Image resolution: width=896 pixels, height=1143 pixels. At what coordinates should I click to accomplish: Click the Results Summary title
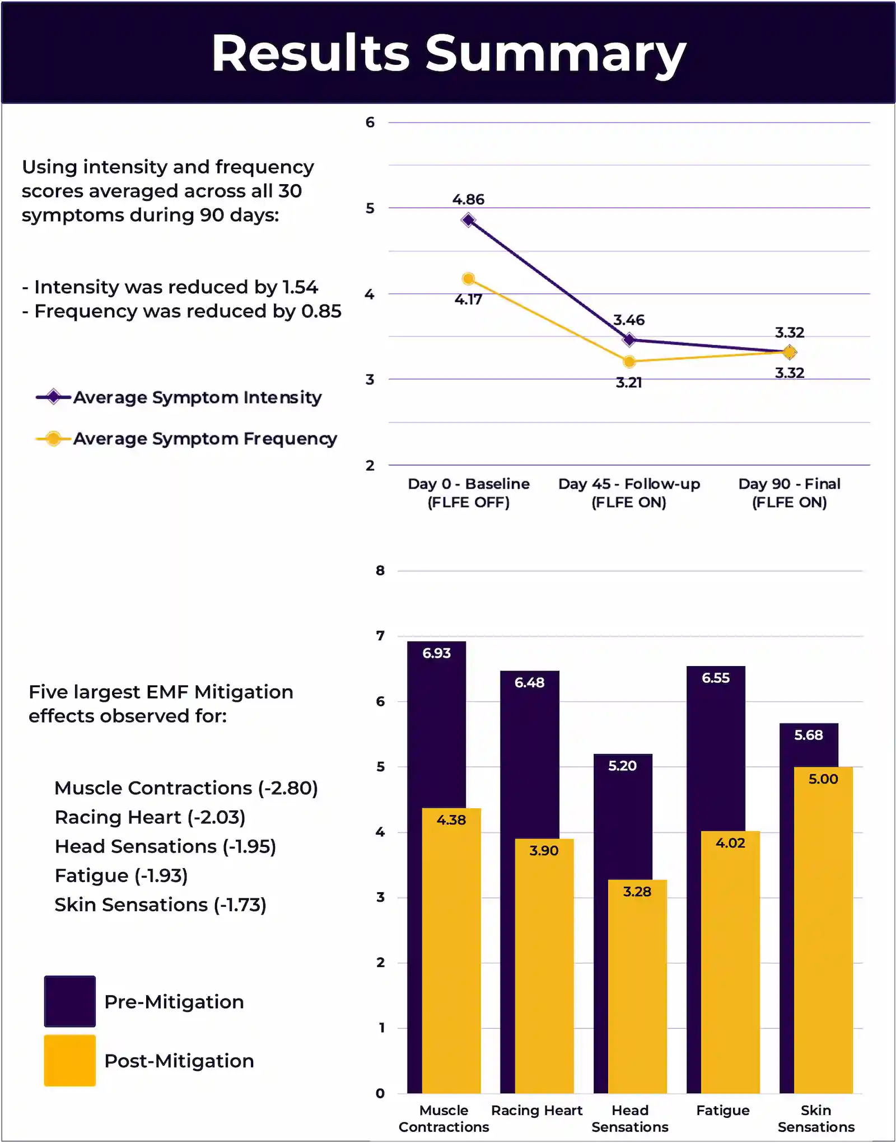(449, 53)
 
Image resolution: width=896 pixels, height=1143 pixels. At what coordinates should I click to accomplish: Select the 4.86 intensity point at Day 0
(468, 220)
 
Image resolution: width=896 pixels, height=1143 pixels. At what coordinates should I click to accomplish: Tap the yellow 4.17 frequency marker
(469, 279)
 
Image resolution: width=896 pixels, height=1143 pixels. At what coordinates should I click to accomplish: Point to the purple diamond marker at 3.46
(629, 339)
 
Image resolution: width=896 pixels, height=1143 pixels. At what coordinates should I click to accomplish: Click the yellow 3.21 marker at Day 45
(629, 362)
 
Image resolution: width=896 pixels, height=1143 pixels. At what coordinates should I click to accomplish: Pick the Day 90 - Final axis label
(790, 493)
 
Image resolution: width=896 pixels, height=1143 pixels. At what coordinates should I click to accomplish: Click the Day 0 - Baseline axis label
(469, 493)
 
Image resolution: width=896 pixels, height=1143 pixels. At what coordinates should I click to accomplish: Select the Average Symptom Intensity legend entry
(179, 397)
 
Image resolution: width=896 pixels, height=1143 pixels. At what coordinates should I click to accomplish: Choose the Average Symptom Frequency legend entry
(186, 439)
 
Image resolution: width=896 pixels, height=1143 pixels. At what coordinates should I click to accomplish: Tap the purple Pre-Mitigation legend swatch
(70, 1001)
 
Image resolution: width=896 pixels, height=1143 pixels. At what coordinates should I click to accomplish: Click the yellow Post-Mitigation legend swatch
(70, 1061)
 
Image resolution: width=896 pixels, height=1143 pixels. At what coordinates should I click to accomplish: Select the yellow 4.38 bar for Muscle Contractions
(451, 950)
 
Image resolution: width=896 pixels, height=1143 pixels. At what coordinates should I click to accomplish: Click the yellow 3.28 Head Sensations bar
(637, 986)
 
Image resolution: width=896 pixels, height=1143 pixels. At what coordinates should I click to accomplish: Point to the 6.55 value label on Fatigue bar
(716, 678)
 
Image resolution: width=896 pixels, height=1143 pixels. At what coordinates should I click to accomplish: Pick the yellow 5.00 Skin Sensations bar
(823, 930)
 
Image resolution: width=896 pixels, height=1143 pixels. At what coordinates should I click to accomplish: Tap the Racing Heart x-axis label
(537, 1111)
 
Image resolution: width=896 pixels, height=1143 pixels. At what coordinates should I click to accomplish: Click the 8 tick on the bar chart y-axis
(380, 571)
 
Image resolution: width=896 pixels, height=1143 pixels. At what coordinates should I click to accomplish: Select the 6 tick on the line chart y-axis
(370, 123)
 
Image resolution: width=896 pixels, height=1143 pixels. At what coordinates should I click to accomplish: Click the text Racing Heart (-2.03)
(150, 817)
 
